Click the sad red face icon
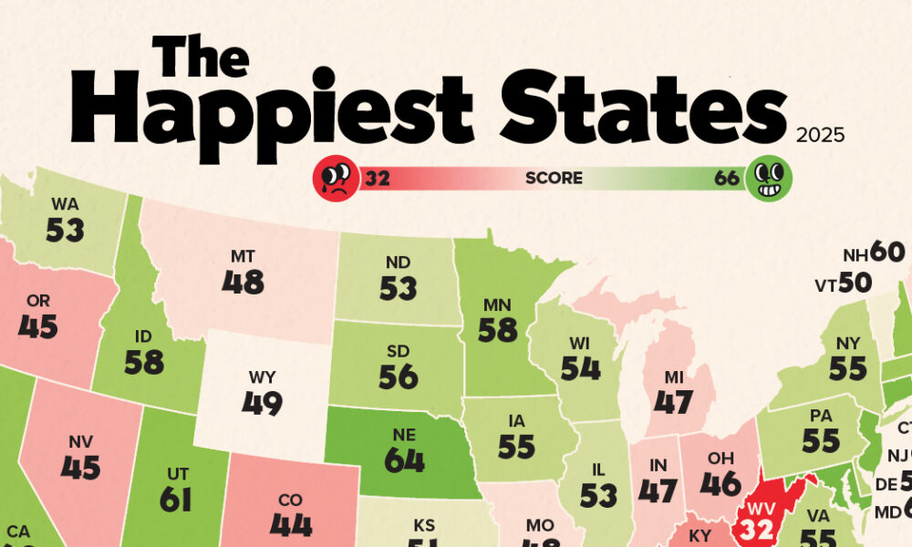[337, 177]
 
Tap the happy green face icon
[770, 177]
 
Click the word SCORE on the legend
[553, 178]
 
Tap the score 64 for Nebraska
[404, 460]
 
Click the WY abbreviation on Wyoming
[262, 377]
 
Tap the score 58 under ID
[144, 362]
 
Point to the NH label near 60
[855, 254]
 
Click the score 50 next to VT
[855, 284]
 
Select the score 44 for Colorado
[292, 525]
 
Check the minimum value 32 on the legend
[378, 178]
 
